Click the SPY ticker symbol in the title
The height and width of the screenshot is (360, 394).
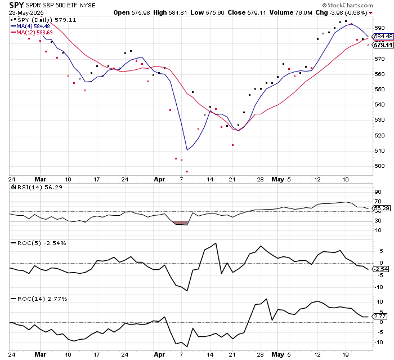tap(16, 5)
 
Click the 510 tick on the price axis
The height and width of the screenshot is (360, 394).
tap(379, 151)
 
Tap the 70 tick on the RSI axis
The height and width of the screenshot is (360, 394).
tap(378, 201)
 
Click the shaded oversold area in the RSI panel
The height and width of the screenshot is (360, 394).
tap(181, 223)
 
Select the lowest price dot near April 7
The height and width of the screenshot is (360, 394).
tap(187, 171)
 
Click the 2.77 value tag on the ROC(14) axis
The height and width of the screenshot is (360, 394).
tap(380, 318)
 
